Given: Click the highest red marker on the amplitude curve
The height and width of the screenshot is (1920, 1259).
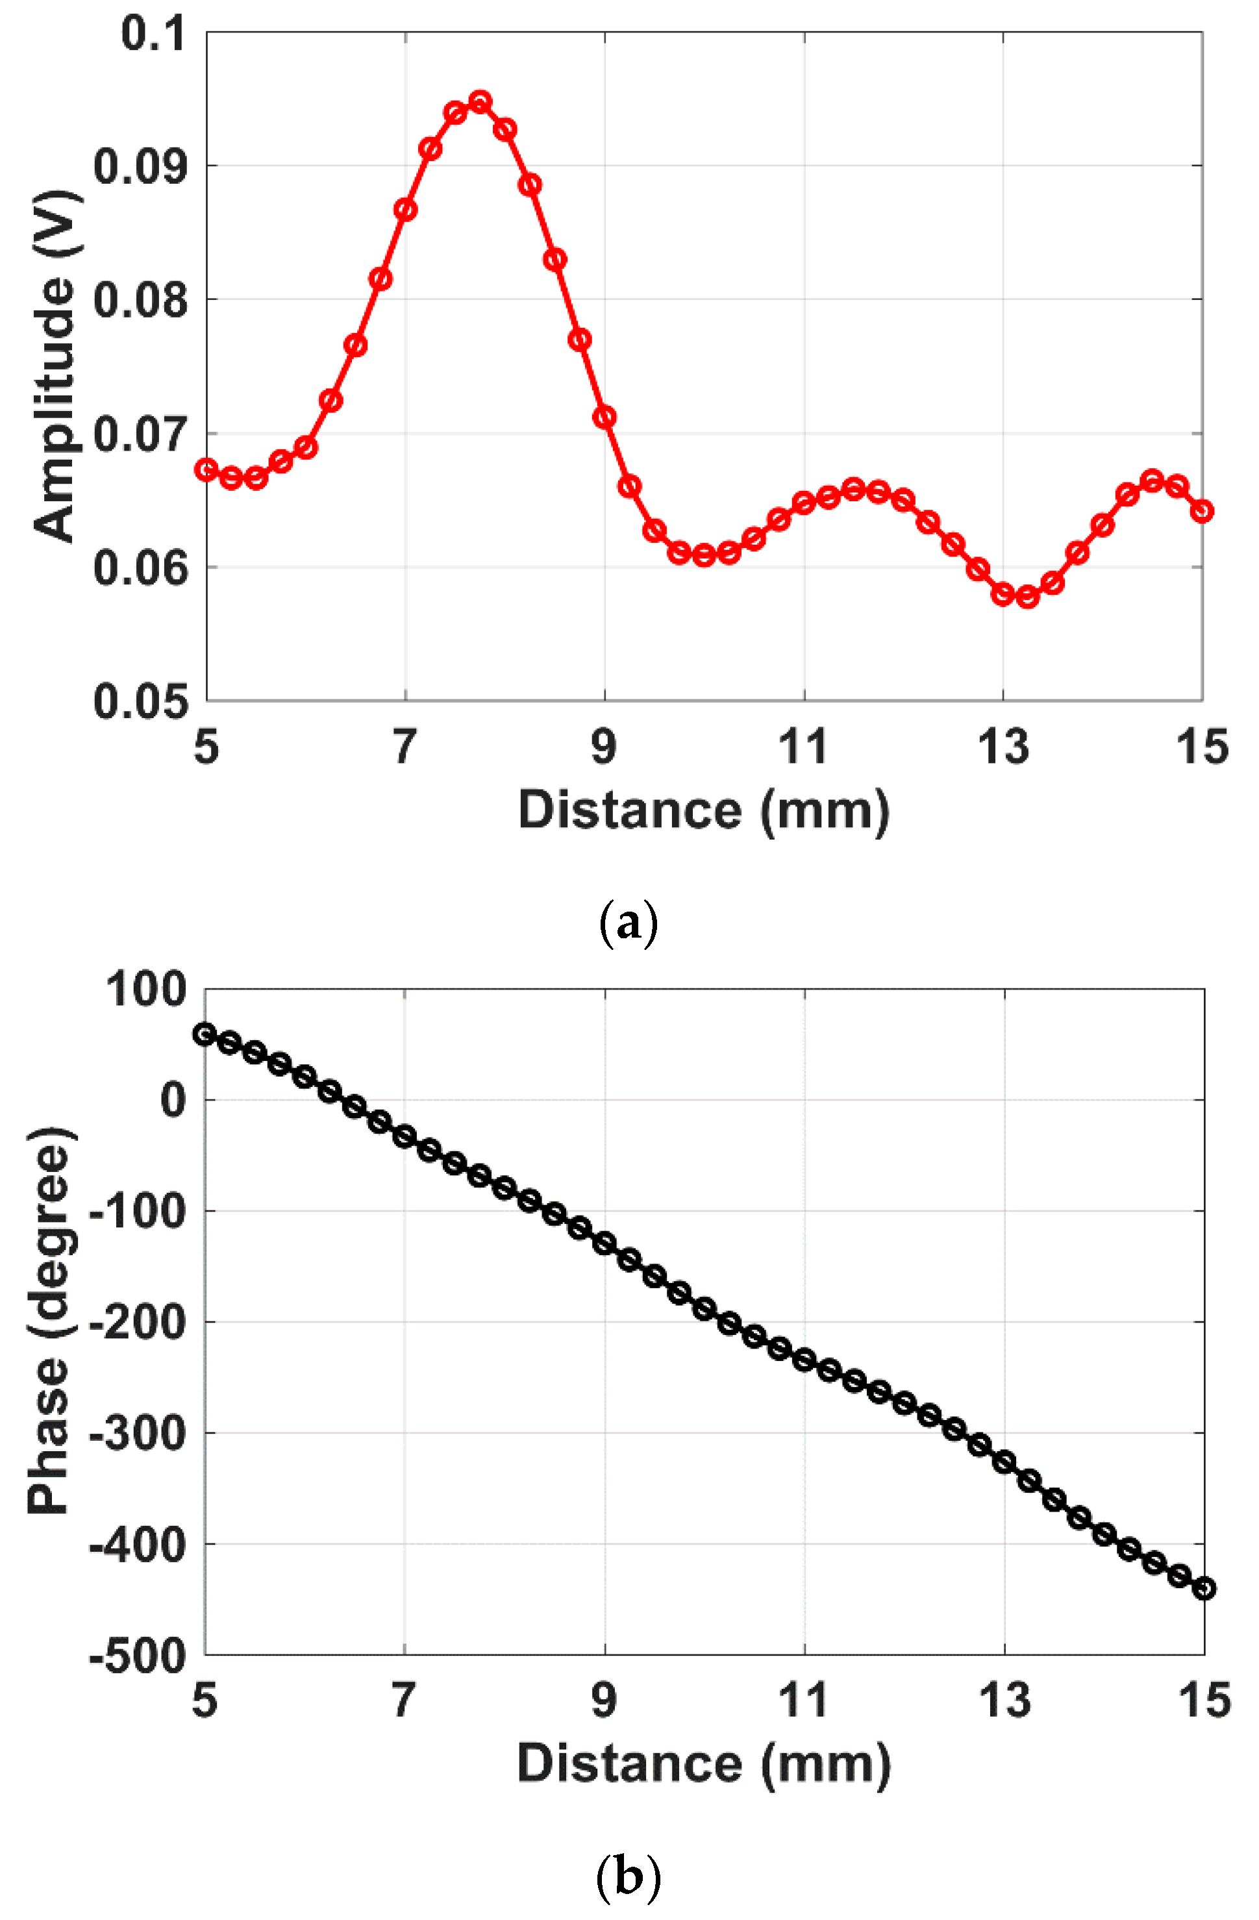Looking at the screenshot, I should pos(480,102).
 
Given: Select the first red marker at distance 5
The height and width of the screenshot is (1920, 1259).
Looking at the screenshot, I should pos(206,469).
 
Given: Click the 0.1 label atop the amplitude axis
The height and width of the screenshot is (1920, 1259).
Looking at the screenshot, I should pos(153,34).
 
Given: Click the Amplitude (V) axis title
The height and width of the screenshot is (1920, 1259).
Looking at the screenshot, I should pos(55,367).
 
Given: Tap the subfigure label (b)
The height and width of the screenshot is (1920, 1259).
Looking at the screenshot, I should pos(629,1876).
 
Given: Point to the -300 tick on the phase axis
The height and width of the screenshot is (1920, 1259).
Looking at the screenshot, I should pos(137,1434).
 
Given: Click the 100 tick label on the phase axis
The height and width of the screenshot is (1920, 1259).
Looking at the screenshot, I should pos(145,990).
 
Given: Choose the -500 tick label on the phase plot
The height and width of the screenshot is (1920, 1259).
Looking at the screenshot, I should pos(137,1658).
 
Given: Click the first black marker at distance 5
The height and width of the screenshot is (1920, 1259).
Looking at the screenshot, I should pos(205,1034).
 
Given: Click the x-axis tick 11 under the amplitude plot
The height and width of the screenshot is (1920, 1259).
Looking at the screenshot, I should pos(803,747).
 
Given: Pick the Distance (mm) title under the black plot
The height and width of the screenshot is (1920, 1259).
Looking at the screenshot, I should pos(703,1764).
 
